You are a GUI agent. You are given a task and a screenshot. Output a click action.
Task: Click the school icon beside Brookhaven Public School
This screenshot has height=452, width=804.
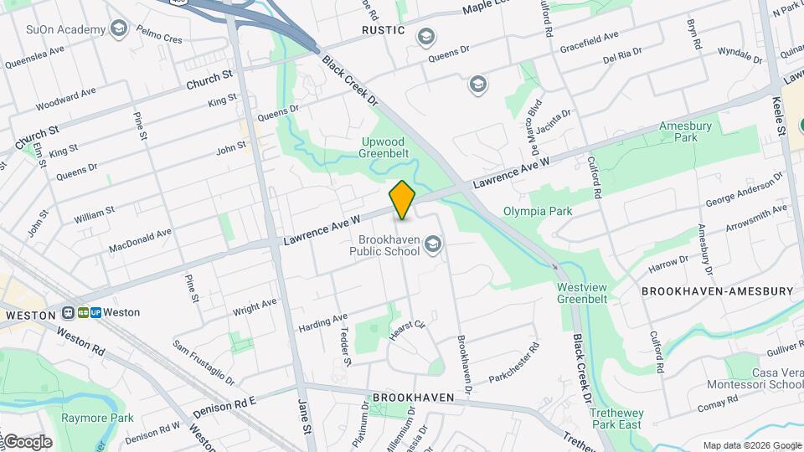[433, 244]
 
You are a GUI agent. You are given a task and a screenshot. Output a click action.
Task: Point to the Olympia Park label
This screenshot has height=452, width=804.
[538, 211]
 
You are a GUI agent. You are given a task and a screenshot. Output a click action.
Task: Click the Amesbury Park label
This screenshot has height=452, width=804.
[678, 131]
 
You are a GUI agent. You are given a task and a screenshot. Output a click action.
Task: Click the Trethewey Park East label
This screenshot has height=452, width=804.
[616, 419]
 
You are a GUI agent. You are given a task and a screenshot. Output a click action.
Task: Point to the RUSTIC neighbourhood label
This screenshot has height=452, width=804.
[384, 31]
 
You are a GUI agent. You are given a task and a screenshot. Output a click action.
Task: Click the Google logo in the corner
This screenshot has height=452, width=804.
[27, 441]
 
